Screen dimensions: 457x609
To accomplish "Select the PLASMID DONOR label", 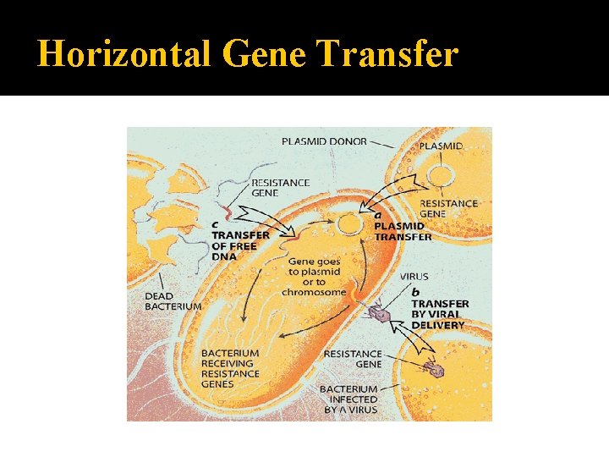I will point(324,141).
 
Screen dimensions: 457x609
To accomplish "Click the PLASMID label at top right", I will point(442,146).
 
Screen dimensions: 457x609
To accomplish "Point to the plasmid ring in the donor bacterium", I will point(440,176).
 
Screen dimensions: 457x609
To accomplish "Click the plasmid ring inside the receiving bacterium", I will point(348,224).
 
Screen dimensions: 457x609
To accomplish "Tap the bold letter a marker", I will point(378,217).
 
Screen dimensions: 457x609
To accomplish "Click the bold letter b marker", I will point(415,292).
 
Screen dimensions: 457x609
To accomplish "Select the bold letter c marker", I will point(217,223).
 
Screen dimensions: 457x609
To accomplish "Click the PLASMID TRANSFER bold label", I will point(403,232).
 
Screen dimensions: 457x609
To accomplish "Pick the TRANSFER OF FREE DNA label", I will point(240,245).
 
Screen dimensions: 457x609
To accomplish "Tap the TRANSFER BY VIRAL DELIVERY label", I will point(439,314).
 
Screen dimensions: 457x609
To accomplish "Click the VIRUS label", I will point(414,277).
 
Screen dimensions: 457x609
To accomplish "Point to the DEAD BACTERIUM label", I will point(173,301).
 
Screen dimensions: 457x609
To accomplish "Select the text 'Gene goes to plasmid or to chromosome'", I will point(314,277).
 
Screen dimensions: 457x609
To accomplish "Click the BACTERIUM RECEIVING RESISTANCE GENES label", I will point(230,368).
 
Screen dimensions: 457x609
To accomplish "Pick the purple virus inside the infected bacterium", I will point(436,370).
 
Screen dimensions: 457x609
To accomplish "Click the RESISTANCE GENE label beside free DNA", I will point(280,187).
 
